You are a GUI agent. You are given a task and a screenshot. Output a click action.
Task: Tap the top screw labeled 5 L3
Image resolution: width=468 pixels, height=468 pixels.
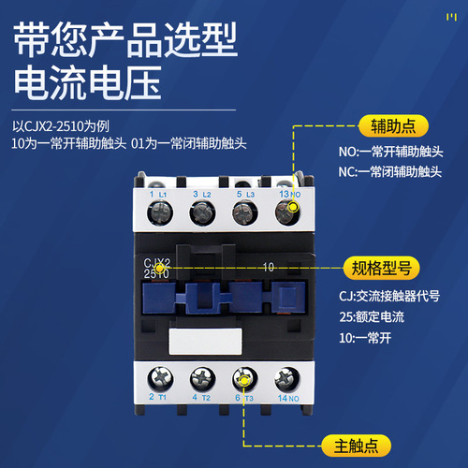coord(244,212)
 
